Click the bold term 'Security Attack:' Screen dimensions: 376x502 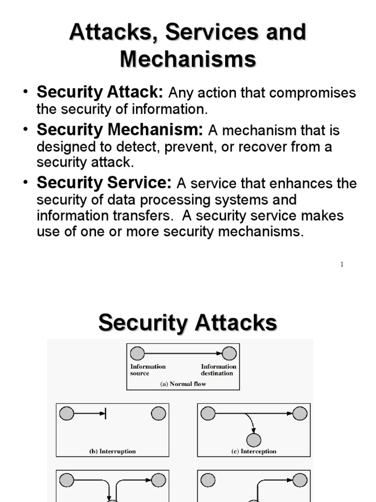tap(99, 92)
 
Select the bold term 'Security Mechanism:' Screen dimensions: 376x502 tap(119, 130)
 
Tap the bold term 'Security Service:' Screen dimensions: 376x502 tap(104, 183)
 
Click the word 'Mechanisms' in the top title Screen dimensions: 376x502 tap(188, 59)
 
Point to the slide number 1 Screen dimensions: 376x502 tap(342, 265)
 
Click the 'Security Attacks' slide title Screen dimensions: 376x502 tap(188, 324)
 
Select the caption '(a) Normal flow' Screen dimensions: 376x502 tap(183, 384)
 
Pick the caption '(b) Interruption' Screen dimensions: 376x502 tap(113, 451)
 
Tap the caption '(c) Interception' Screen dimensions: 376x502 tap(254, 451)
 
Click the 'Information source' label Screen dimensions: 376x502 tap(147, 370)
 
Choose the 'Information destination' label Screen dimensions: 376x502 tap(218, 370)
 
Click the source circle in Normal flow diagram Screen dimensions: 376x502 tap(138, 353)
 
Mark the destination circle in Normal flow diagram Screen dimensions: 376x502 tap(229, 353)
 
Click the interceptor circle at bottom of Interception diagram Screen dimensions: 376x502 tap(254, 440)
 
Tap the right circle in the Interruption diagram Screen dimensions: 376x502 tap(158, 414)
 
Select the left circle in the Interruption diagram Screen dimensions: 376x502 tap(67, 414)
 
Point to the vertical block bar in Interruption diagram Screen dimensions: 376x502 tap(106, 414)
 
